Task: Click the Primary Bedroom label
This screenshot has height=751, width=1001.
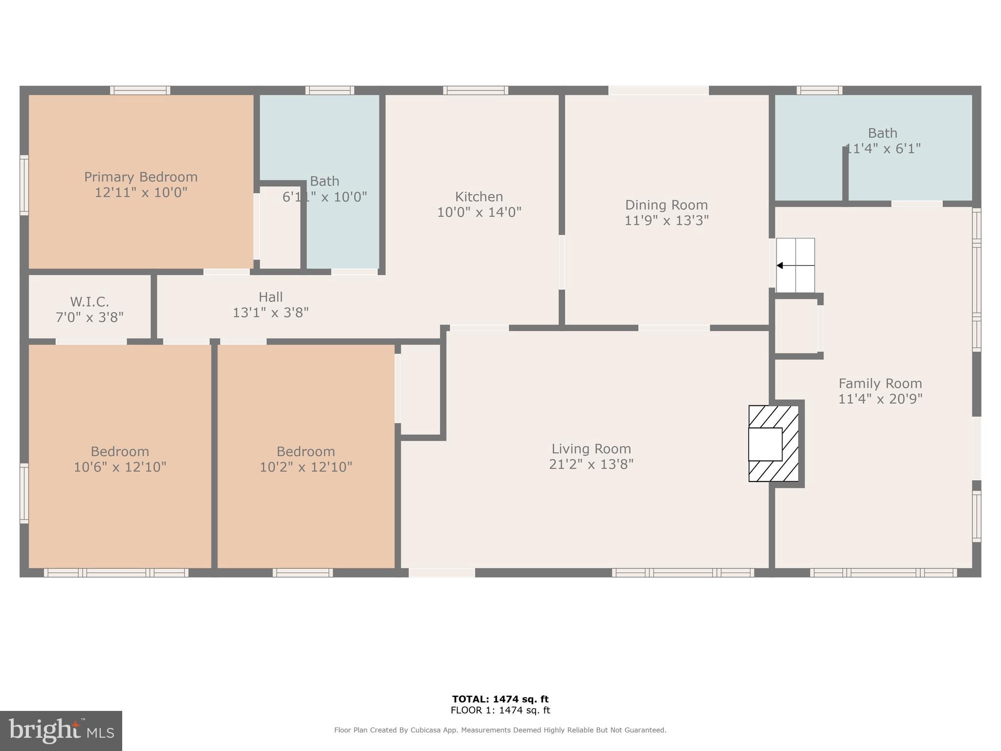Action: pyautogui.click(x=141, y=177)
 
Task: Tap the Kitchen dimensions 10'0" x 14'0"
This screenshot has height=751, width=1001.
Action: pyautogui.click(x=479, y=212)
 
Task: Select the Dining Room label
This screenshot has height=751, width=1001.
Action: pyautogui.click(x=666, y=205)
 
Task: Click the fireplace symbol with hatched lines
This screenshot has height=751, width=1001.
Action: pyautogui.click(x=774, y=443)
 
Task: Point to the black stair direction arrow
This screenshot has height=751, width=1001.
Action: pyautogui.click(x=780, y=265)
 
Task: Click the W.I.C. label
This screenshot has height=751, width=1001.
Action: pyautogui.click(x=89, y=302)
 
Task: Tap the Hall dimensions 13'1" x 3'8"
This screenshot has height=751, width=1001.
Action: pyautogui.click(x=270, y=312)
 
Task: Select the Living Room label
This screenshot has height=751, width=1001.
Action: pyautogui.click(x=591, y=449)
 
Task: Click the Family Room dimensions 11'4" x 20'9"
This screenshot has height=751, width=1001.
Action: pyautogui.click(x=880, y=399)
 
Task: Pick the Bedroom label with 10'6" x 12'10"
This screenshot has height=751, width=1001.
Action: pyautogui.click(x=120, y=451)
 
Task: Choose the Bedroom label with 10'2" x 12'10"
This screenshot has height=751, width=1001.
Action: pyautogui.click(x=305, y=451)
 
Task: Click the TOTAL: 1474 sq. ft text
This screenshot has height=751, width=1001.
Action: pyautogui.click(x=500, y=699)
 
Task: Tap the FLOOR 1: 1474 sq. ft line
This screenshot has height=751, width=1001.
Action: pyautogui.click(x=500, y=710)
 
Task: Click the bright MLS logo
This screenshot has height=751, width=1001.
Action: pyautogui.click(x=61, y=730)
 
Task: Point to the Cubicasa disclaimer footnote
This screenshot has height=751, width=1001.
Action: pyautogui.click(x=500, y=730)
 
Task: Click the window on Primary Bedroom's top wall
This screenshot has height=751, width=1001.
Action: pyautogui.click(x=140, y=90)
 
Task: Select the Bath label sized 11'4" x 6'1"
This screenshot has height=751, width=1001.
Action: pyautogui.click(x=882, y=133)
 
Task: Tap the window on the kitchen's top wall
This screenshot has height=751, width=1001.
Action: pyautogui.click(x=476, y=90)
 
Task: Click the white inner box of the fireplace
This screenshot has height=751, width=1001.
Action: pyautogui.click(x=765, y=444)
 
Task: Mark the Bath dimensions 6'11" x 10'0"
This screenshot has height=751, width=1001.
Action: pyautogui.click(x=325, y=197)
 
